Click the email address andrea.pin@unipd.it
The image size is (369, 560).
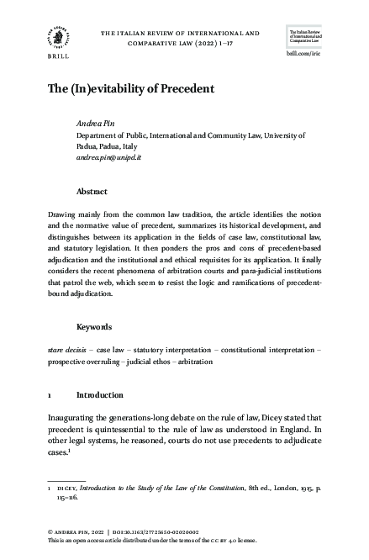[115, 157]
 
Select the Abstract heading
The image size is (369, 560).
[92, 192]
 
